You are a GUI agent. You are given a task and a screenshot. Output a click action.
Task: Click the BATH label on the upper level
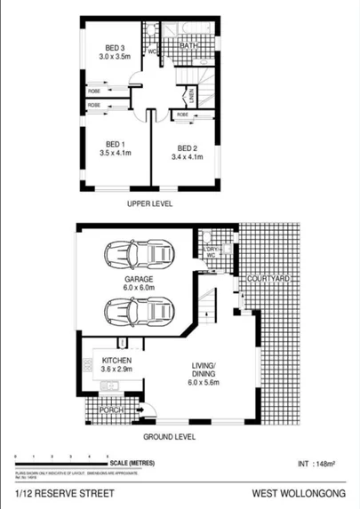tap(189, 45)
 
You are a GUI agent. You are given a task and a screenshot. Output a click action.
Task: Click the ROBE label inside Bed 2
tap(182, 115)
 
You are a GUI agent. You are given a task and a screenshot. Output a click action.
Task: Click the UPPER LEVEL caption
tap(149, 203)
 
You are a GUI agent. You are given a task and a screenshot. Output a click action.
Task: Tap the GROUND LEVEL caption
tap(170, 438)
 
